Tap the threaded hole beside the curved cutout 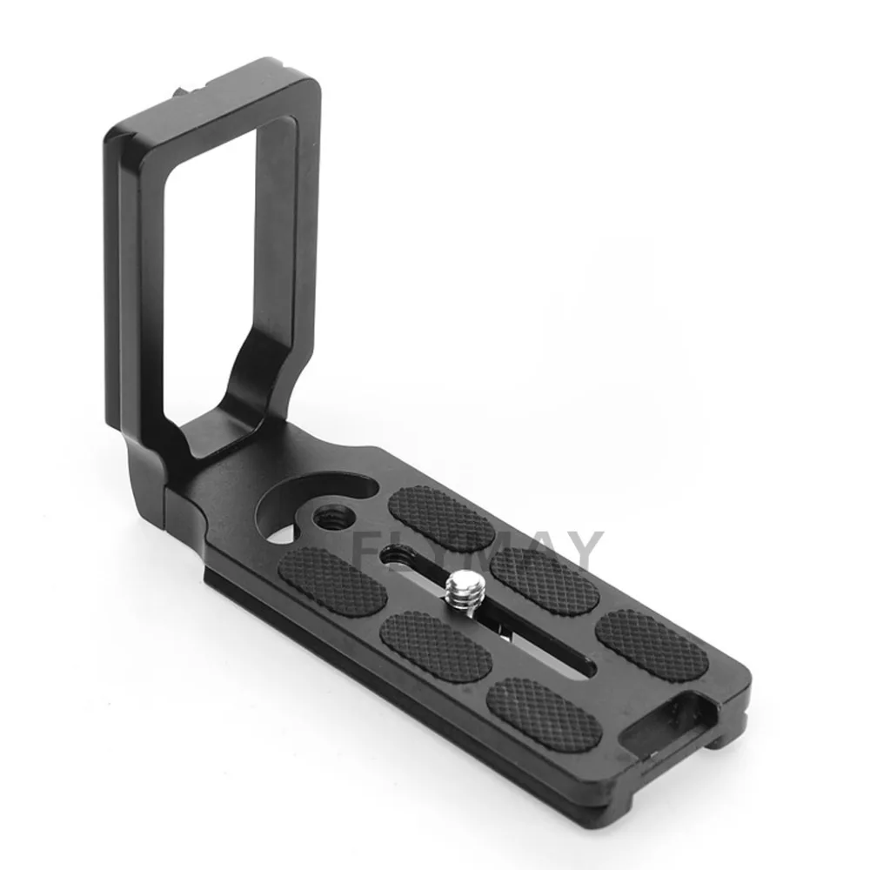pos(331,515)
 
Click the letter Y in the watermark pos(581,551)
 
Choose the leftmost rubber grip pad pos(332,581)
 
